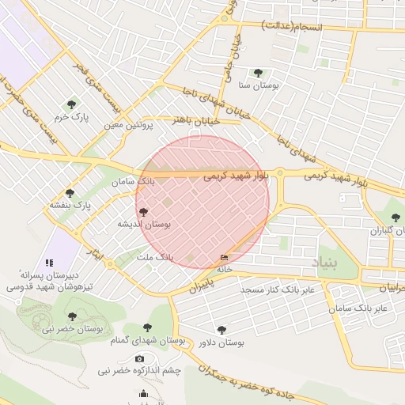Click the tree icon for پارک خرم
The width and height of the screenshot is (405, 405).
tap(71, 104)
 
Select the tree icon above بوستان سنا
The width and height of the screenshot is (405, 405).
tap(258, 72)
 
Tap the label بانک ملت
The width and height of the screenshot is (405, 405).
tap(154, 258)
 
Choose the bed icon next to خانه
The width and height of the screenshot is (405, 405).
tap(225, 258)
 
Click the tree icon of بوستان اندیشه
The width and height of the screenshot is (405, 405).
tap(143, 211)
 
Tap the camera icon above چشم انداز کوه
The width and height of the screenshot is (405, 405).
tap(140, 358)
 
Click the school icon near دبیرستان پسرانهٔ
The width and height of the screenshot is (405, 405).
tap(49, 263)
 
